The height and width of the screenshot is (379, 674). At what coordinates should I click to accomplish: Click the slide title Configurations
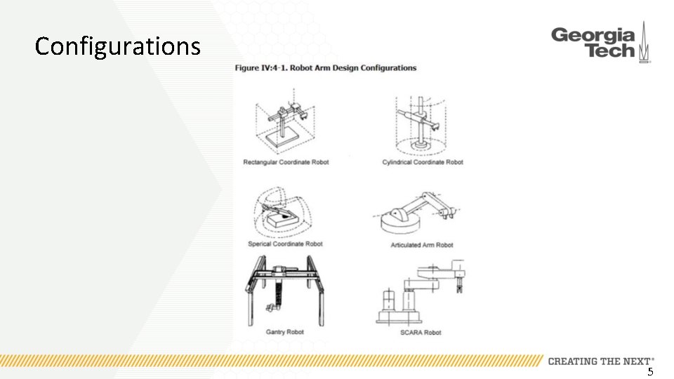117,47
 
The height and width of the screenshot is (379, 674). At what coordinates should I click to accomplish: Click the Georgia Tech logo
600,44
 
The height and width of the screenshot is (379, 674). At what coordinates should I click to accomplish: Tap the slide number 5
650,372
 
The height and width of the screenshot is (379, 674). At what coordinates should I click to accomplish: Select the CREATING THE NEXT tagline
601,361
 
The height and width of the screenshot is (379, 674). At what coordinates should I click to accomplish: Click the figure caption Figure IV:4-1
325,68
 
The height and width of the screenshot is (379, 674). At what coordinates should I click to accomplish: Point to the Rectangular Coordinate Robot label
286,162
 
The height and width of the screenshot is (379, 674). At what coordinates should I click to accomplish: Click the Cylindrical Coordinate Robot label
423,162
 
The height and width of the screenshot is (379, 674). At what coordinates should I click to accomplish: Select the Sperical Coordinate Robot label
285,244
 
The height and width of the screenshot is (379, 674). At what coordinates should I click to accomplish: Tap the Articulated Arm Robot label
422,245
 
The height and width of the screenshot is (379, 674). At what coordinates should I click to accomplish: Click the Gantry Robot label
284,332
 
